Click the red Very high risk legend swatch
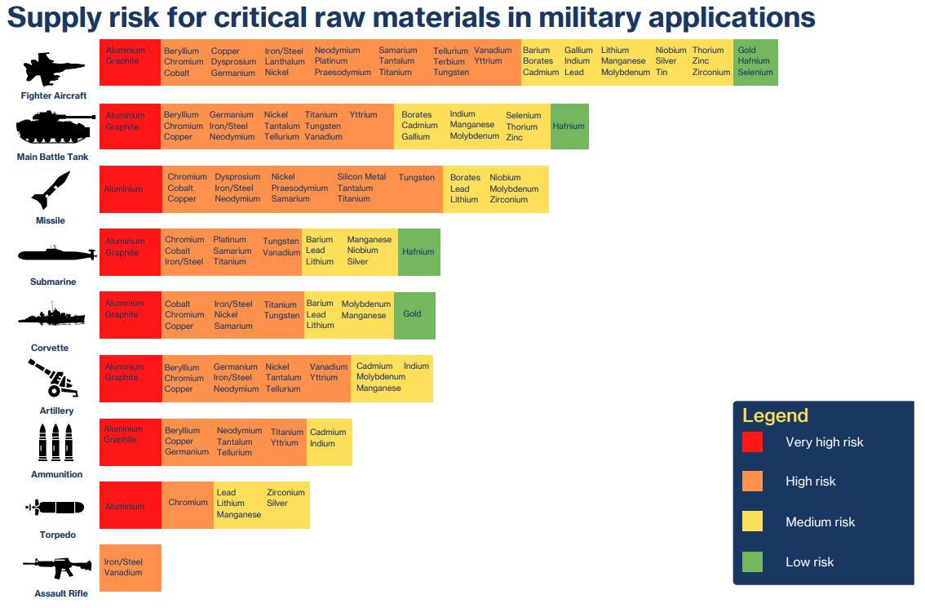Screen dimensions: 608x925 point(752,442)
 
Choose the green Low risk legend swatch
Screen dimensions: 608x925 point(752,561)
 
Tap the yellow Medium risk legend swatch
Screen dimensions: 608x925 point(752,521)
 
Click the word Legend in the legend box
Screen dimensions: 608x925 point(775,415)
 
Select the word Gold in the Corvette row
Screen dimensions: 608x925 point(412,314)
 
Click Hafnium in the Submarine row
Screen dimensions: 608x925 point(418,252)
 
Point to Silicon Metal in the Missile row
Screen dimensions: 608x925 point(361,177)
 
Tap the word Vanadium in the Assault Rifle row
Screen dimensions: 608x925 point(123,573)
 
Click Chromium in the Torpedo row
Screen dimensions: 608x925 point(188,503)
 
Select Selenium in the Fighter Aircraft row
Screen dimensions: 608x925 point(755,73)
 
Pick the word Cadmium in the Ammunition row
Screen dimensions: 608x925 point(328,433)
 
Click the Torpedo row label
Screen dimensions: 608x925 point(57,535)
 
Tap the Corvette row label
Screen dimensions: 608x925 point(50,348)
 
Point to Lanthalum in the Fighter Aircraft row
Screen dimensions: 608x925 point(285,62)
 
